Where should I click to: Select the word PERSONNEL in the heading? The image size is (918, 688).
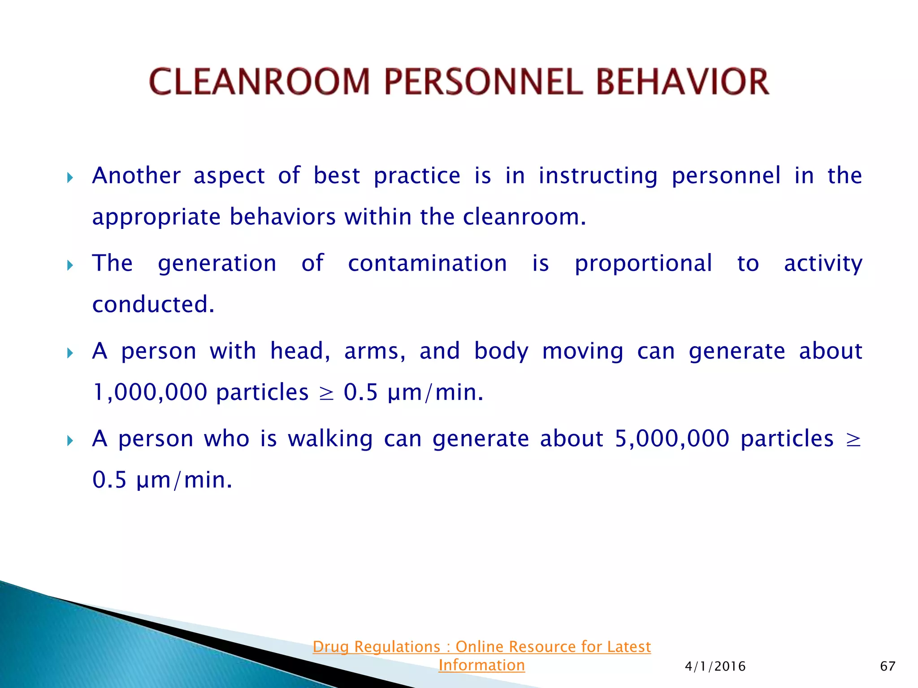[483, 82]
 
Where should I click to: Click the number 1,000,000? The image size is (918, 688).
[150, 392]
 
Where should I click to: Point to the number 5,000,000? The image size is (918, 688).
[671, 439]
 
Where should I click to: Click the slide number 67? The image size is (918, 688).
[888, 666]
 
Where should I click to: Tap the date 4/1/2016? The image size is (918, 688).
[715, 666]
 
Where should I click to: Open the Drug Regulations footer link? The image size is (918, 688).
[481, 647]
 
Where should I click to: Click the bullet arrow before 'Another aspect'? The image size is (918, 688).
[70, 178]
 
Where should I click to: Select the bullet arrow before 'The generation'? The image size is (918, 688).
[70, 265]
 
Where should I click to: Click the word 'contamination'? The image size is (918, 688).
[427, 263]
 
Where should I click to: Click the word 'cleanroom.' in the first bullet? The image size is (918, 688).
[524, 217]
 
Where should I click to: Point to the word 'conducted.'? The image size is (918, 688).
[153, 305]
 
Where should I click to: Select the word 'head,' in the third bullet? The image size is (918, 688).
[300, 351]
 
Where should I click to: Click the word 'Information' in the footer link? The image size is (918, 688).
[481, 665]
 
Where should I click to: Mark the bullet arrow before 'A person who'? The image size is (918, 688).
[70, 441]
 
